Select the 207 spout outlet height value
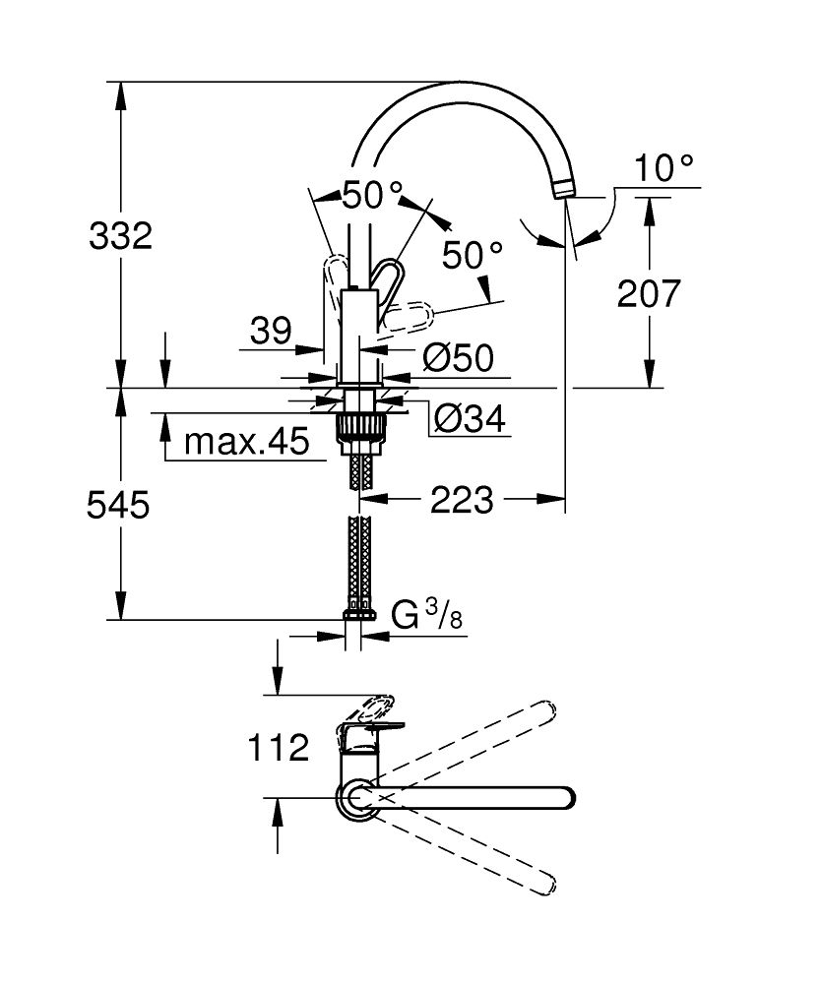point(649,293)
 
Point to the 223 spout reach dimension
point(462,501)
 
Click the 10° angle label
point(663,169)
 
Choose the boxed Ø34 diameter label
point(469,420)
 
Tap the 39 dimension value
point(270,332)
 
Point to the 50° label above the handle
point(373,195)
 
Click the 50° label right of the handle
point(472,256)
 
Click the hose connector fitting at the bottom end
point(359,616)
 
